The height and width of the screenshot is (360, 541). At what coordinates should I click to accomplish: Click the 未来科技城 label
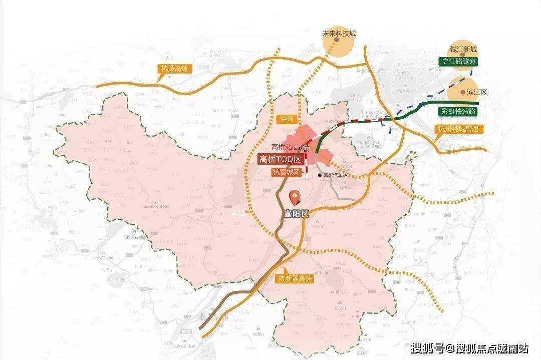point(339,34)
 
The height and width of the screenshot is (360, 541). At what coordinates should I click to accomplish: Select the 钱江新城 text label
point(463,50)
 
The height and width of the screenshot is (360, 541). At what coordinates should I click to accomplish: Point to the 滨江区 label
point(476,93)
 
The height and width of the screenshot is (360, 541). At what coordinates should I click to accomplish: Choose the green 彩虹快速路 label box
point(459,111)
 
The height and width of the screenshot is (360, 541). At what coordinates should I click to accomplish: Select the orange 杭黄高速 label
point(174,68)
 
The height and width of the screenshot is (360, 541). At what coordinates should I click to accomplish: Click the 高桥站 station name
point(282,147)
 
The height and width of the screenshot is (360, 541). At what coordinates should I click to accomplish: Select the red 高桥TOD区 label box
point(281,160)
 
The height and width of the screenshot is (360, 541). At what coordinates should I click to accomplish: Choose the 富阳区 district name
point(297,213)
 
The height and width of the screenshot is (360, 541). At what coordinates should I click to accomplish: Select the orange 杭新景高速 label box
point(296,279)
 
